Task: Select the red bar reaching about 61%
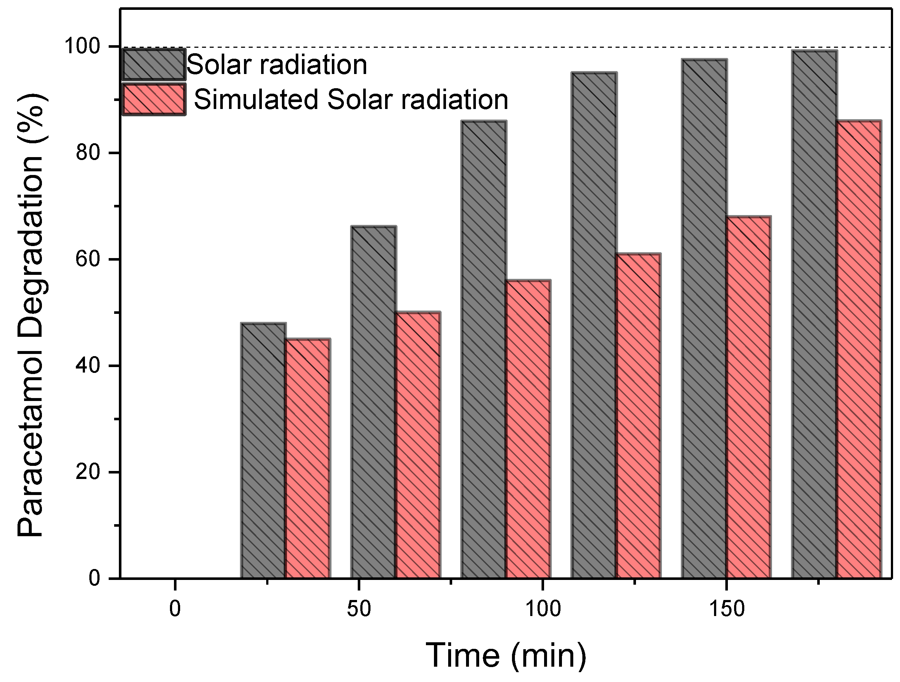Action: coord(638,415)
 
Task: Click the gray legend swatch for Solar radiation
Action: coord(154,64)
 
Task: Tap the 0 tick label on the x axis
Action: coord(175,609)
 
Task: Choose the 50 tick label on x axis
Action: coord(358,609)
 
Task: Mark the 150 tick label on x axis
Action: coord(726,609)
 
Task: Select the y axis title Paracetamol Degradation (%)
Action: coord(32,316)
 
